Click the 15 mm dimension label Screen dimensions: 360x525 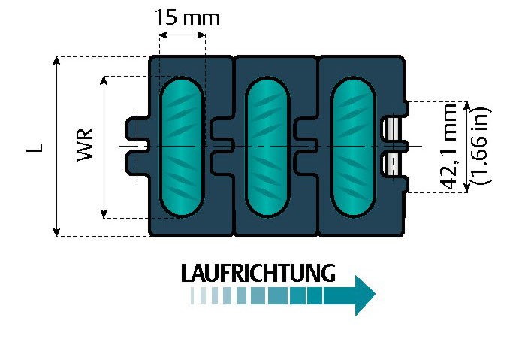click(187, 17)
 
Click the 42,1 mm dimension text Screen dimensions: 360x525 click(450, 147)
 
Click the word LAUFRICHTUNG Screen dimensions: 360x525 click(257, 272)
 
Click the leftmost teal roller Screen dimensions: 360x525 click(182, 145)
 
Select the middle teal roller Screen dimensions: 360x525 click(267, 145)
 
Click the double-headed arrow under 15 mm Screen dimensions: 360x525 click(182, 35)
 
